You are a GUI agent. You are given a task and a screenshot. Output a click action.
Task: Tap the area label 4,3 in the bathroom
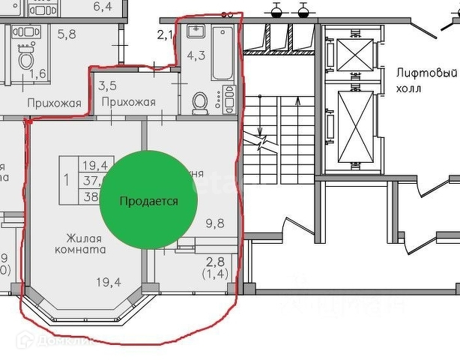(196, 55)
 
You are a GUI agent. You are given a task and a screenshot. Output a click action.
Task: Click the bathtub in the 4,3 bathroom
(223, 52)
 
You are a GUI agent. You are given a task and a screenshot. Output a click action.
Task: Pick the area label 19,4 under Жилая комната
(109, 282)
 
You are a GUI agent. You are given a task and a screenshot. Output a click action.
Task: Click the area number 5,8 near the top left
(67, 34)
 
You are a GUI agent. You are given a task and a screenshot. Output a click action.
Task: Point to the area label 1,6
(37, 73)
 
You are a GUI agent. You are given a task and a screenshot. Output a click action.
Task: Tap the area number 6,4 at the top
(102, 7)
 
